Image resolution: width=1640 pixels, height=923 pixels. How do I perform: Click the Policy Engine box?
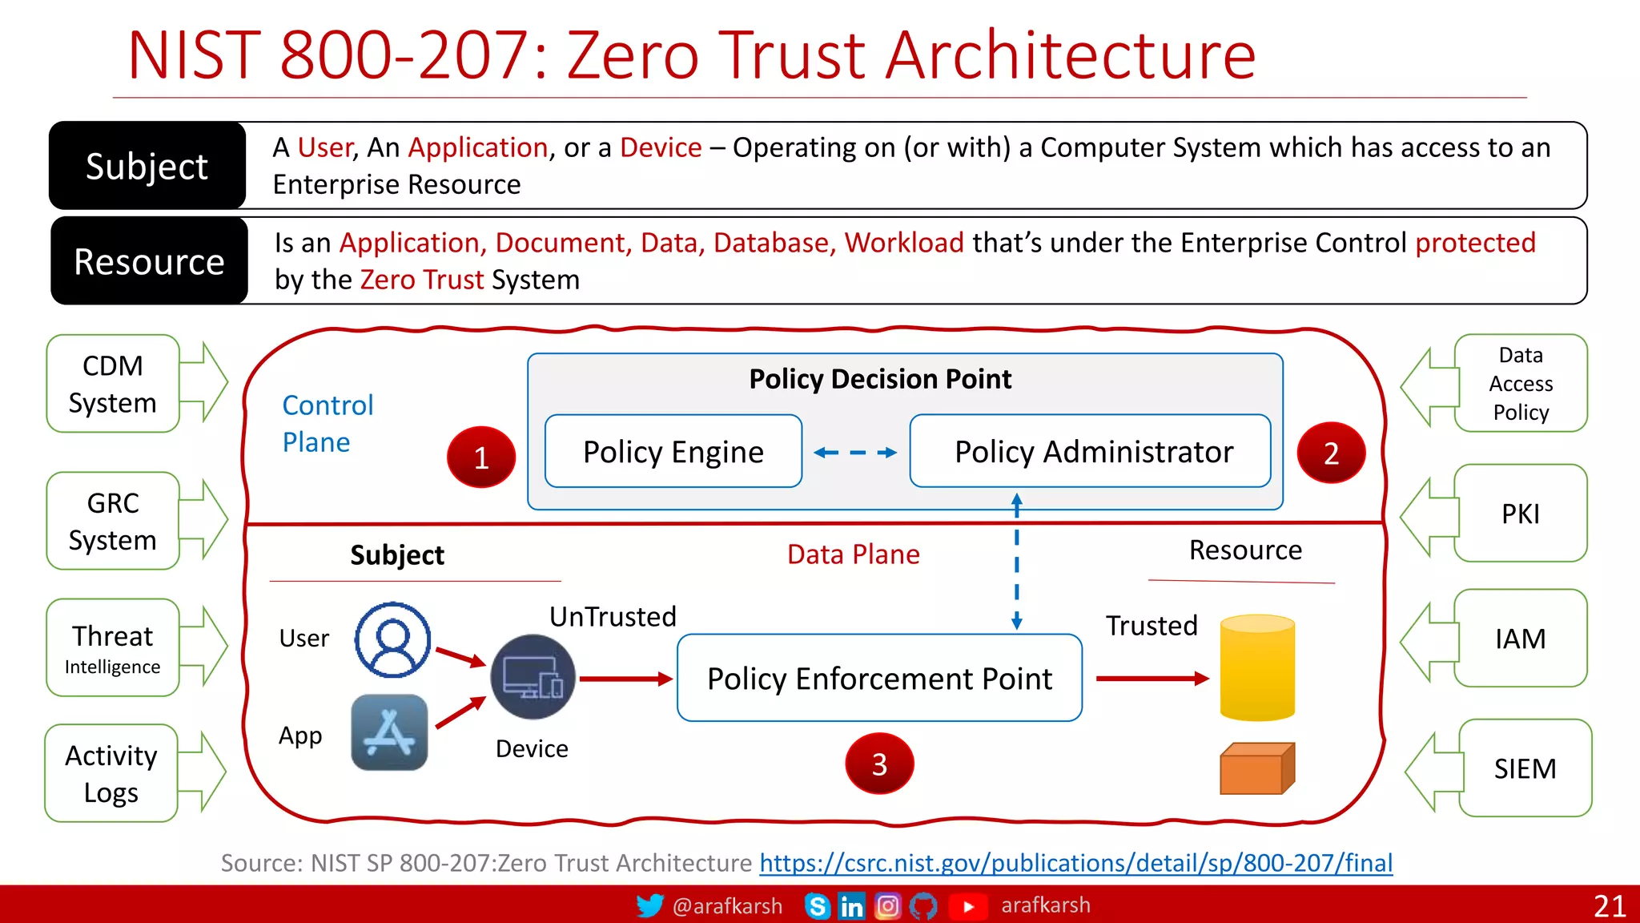coord(673,451)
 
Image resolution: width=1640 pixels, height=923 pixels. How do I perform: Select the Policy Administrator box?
coord(1090,451)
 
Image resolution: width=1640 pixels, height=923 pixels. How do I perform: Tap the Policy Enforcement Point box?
coord(879,678)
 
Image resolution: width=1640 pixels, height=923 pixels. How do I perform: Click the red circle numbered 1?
coord(480,457)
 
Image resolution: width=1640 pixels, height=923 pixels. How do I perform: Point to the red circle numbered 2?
coord(1330,453)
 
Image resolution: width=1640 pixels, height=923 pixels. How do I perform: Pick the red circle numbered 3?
coord(878,763)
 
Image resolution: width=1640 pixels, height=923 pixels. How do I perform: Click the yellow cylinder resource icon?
coord(1256,667)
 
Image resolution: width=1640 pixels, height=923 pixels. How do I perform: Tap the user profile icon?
coord(392,639)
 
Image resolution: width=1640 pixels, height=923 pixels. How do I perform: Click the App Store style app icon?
coord(389,732)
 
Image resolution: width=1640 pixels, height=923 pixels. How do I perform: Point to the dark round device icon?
coord(533,677)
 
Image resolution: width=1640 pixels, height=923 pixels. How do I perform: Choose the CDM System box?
coord(113,384)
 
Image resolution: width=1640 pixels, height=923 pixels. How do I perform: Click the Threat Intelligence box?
coord(113,647)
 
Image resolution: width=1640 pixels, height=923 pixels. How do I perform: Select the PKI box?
coord(1519,514)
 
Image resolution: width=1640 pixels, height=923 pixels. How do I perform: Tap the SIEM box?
coord(1524,768)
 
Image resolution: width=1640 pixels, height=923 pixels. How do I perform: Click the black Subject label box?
coord(147,166)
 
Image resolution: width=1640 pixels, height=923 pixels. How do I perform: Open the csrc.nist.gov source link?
coord(1075,863)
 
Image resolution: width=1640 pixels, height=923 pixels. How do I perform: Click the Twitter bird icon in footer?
coord(649,905)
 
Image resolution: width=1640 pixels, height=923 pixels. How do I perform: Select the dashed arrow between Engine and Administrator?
coord(854,453)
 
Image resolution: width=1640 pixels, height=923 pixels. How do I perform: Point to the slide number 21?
coord(1609,905)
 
